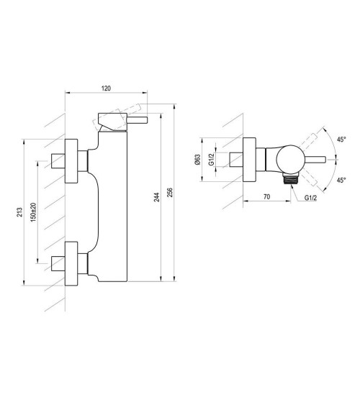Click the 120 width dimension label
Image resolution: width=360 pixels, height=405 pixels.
pyautogui.click(x=106, y=88)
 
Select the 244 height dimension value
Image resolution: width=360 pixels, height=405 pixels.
pyautogui.click(x=157, y=197)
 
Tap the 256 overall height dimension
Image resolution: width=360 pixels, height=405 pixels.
pyautogui.click(x=170, y=193)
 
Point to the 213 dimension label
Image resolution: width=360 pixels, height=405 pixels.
pyautogui.click(x=19, y=212)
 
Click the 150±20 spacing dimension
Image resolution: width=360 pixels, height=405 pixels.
pyautogui.click(x=33, y=212)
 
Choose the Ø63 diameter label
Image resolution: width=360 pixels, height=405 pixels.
pyautogui.click(x=198, y=160)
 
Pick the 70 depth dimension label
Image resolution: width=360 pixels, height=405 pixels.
pyautogui.click(x=266, y=197)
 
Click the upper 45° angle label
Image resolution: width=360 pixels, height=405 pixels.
pyautogui.click(x=341, y=140)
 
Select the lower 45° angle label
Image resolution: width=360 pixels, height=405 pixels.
pyautogui.click(x=341, y=180)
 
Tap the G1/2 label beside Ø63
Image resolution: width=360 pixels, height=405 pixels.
pyautogui.click(x=212, y=160)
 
